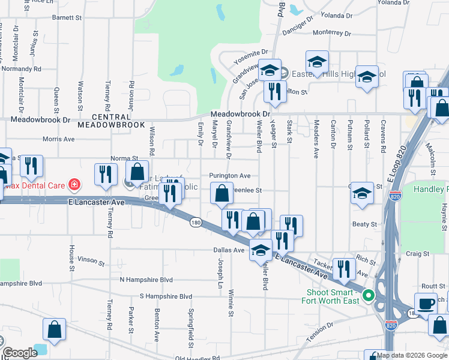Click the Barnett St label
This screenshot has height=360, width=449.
pyautogui.click(x=67, y=18)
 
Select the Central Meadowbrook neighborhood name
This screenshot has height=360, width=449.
pyautogui.click(x=111, y=120)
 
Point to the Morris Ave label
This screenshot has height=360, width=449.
pyautogui.click(x=58, y=139)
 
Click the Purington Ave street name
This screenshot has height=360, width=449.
pyautogui.click(x=229, y=176)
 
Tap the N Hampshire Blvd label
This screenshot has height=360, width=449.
pyautogui.click(x=146, y=280)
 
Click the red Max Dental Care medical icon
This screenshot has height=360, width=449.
pyautogui.click(x=74, y=184)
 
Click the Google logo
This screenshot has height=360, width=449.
pyautogui.click(x=20, y=353)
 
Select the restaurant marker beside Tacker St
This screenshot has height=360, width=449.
pyautogui.click(x=343, y=267)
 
